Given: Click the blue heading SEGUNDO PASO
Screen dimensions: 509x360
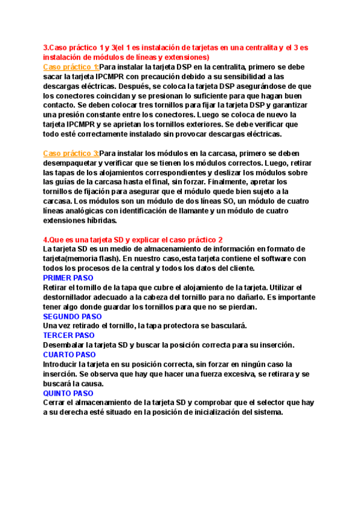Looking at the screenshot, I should pos(73,316).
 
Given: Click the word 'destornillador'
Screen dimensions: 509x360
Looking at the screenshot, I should pos(71,297).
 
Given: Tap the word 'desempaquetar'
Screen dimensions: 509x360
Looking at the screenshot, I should pos(73,163).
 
